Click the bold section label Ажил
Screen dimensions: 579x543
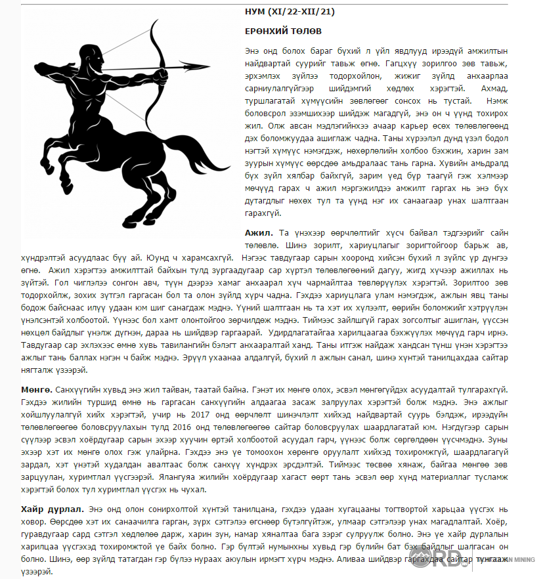[x=257, y=233]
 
